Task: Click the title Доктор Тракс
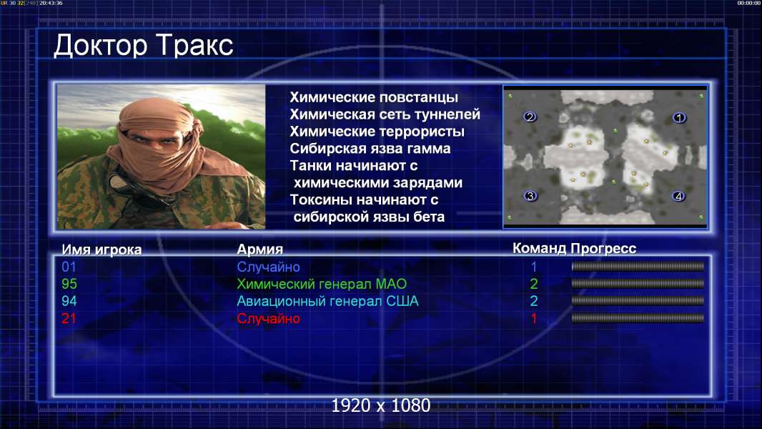[144, 46]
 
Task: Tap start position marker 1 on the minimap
[679, 117]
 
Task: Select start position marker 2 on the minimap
[530, 117]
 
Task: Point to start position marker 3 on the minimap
[530, 196]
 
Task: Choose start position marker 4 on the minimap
[678, 197]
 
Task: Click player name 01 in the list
[69, 267]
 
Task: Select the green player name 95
[69, 284]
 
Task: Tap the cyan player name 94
[69, 301]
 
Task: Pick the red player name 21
[69, 319]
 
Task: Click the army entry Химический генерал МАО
[322, 284]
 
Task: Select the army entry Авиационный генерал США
[327, 301]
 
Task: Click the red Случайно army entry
[268, 319]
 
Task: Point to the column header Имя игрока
[102, 250]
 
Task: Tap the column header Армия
[259, 250]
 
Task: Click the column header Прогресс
[603, 248]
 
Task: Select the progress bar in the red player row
[638, 318]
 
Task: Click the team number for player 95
[533, 284]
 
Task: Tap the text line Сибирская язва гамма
[370, 149]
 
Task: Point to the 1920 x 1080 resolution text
[381, 405]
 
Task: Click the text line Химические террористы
[377, 132]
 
